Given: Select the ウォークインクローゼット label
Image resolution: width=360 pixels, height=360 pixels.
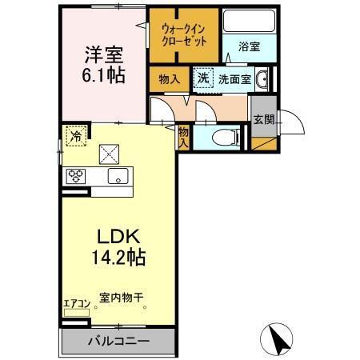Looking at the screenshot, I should coord(184,34).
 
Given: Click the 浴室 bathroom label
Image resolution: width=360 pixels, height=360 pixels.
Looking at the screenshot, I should coord(248,47).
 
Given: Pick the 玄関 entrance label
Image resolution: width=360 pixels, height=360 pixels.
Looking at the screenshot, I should coord(263,119).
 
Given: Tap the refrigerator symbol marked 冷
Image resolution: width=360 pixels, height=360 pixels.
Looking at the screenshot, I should coord(75,135).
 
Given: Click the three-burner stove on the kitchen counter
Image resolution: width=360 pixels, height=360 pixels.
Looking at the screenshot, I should coord(77,176).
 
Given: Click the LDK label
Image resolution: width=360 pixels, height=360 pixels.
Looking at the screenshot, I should coord(119,238).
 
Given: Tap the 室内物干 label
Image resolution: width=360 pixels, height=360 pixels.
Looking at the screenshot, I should coord(121,298).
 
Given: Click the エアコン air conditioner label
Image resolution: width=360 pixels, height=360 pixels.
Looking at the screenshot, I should coord(77,303).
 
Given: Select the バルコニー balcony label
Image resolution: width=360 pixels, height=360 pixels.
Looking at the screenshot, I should coord(118,341).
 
